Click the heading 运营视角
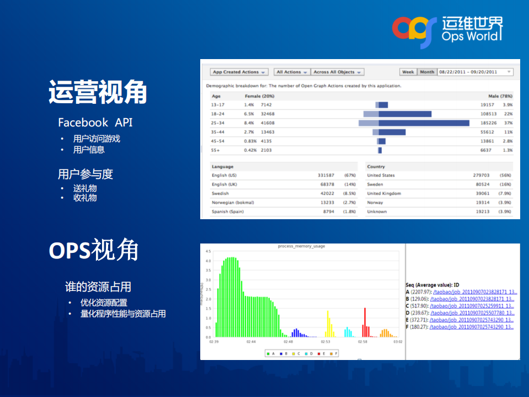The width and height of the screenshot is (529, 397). pos(98,92)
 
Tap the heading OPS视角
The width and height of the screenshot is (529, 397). pos(94,250)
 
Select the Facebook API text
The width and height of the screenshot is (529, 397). pos(95,122)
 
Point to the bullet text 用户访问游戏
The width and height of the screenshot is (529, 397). pos(97,139)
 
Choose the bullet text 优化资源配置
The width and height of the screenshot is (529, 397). pos(104,303)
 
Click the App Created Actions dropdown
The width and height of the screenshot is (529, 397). pos(239,72)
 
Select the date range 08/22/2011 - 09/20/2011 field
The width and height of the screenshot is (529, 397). pos(474,72)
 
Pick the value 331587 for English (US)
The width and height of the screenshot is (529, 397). pos(325,176)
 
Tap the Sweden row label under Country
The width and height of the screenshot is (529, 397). pos(375,184)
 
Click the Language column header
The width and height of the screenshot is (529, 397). pos(223,167)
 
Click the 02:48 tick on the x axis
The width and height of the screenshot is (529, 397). pos(288,342)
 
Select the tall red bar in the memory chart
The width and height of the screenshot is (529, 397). pos(365,322)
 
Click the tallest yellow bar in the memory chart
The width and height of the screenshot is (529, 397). pos(328,324)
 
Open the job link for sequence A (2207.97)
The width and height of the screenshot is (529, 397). pos(474,292)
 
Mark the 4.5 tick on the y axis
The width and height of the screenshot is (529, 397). pos(209,251)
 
